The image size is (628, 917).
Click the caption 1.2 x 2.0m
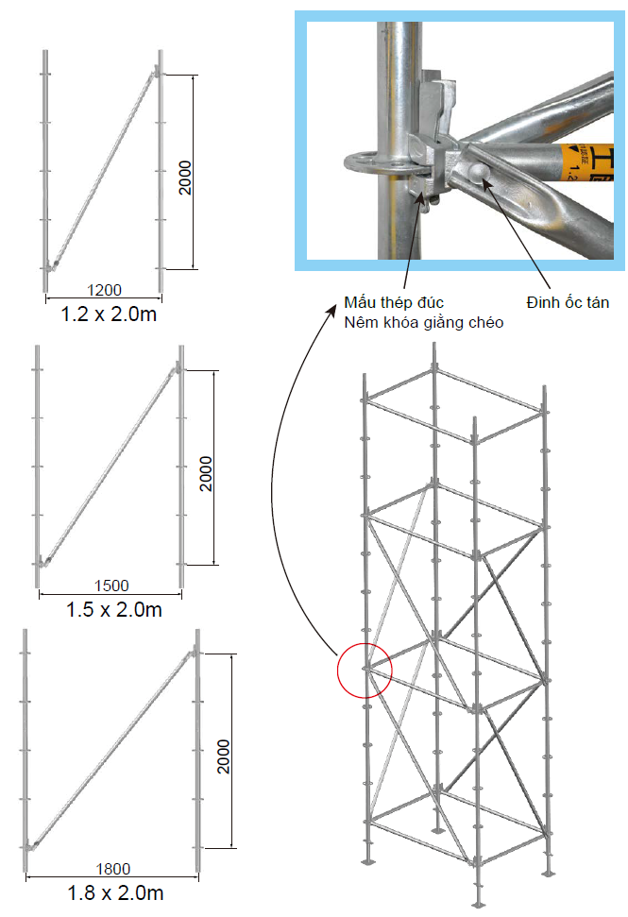tap(109, 314)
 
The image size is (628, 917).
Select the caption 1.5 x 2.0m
tap(114, 609)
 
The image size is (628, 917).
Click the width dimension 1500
tap(111, 586)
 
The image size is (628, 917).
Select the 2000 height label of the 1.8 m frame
tap(224, 753)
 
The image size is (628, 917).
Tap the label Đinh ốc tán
tap(567, 302)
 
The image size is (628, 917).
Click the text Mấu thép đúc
tap(395, 302)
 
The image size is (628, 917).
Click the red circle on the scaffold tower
tap(364, 669)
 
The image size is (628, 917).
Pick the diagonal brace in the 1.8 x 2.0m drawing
tap(113, 746)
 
